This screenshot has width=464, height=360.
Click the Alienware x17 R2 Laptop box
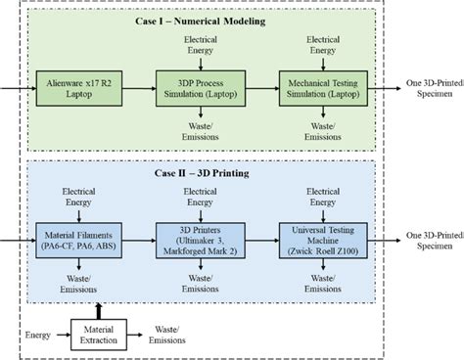[75, 86]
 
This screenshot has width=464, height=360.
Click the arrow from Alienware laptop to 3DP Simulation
[134, 86]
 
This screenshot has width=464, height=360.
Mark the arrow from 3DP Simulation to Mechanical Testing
[258, 86]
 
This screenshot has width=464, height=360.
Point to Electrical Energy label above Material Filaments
[75, 198]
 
